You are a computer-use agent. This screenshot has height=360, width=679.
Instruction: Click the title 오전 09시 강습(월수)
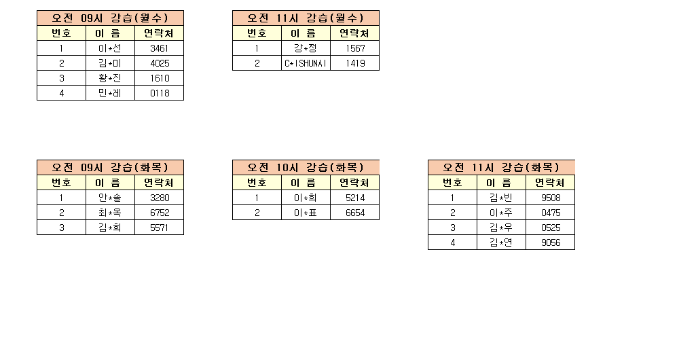click(110, 18)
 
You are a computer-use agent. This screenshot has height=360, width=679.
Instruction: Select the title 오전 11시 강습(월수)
click(306, 18)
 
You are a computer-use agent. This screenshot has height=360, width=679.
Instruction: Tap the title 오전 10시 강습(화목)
click(306, 168)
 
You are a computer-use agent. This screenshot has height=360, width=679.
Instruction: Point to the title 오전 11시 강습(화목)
click(501, 168)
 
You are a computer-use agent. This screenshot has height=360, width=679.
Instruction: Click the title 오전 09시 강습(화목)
click(110, 168)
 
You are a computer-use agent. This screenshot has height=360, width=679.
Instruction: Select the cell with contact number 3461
click(160, 48)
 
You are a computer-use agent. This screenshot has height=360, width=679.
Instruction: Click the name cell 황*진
click(110, 78)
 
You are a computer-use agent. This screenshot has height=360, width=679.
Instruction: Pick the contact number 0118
click(160, 93)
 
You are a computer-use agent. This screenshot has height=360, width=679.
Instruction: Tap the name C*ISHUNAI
click(306, 63)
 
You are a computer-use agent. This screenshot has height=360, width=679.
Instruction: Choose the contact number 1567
click(355, 48)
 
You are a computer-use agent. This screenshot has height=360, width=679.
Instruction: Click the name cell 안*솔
click(110, 198)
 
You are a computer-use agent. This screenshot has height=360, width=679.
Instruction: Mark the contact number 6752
click(160, 213)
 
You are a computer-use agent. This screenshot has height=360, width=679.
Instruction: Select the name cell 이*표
click(306, 213)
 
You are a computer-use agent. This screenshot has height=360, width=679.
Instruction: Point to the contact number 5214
click(355, 198)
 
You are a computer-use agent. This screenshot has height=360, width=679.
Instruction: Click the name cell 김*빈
click(501, 198)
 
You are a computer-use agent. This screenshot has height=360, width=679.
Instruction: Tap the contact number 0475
click(551, 213)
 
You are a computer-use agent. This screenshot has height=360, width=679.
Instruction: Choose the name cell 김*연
click(501, 242)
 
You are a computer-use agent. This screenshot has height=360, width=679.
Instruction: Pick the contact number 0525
click(551, 228)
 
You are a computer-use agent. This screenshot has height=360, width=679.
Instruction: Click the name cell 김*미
click(110, 63)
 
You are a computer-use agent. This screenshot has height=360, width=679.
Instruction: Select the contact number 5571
click(160, 228)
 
